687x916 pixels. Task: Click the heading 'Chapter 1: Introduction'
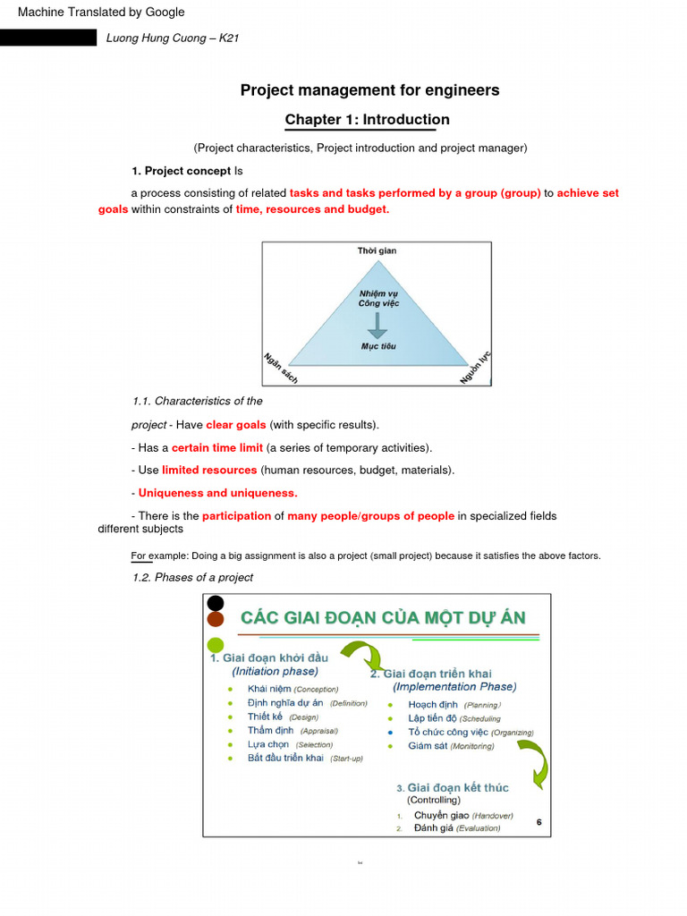[x=367, y=120]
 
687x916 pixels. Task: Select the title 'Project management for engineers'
[x=369, y=90]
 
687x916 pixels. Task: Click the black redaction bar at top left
[x=48, y=38]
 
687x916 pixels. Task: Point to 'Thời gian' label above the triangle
[x=377, y=251]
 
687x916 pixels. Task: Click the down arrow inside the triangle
[x=377, y=324]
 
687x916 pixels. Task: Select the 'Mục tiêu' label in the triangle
[x=377, y=346]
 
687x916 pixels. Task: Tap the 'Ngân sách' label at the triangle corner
[x=280, y=369]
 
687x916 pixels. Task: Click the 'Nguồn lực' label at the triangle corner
[x=475, y=368]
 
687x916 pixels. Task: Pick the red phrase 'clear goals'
[x=236, y=425]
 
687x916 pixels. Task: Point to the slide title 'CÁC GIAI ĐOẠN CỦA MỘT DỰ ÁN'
[x=384, y=617]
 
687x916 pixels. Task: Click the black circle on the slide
[x=216, y=603]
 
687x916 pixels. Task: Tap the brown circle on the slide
[x=216, y=619]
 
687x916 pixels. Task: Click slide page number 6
[x=539, y=821]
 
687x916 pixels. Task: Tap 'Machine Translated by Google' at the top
[x=101, y=13]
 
